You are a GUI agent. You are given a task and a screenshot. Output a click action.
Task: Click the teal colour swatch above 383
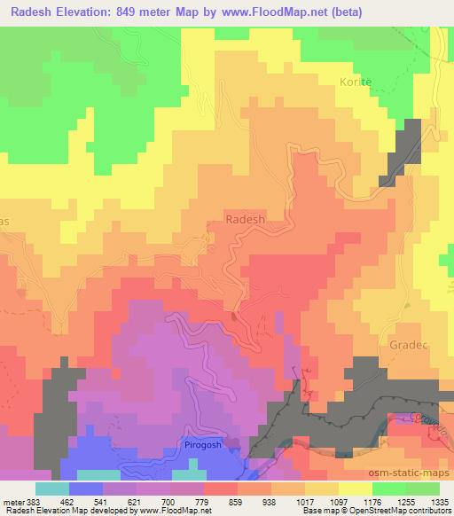[x=51, y=488]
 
